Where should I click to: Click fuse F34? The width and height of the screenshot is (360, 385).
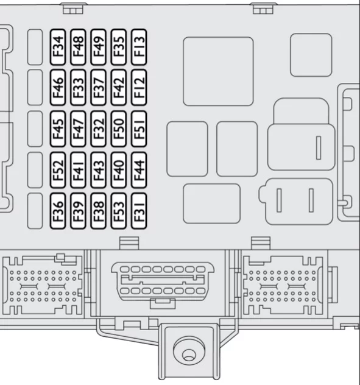58,47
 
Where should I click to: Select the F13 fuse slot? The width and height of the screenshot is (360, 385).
139,47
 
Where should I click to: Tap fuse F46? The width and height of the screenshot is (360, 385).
58,87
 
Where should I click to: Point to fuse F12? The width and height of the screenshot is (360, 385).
139,87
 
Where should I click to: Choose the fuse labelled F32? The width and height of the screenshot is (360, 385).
99,129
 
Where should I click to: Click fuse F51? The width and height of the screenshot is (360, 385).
139,129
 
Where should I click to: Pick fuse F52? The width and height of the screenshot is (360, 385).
58,170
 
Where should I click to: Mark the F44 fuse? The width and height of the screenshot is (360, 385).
139,170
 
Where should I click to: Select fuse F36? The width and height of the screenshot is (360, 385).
58,211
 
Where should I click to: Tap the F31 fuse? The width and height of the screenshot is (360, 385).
139,211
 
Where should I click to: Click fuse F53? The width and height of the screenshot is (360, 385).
119,211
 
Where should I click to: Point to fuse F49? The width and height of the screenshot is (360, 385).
99,47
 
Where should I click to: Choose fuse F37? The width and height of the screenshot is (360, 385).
99,87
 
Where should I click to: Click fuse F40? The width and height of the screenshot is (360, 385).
119,170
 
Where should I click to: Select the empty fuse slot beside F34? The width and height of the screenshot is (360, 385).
35,47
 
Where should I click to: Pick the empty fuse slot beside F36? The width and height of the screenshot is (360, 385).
35,211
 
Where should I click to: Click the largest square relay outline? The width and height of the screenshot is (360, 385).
218,71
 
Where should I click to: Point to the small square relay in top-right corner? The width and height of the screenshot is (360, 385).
311,55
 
